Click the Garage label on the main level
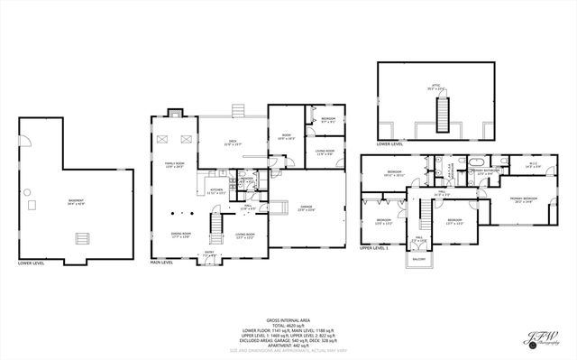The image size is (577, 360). click(x=307, y=209)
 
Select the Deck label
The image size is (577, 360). click(x=232, y=143)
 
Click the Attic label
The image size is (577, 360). click(x=435, y=88)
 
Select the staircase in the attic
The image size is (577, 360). click(x=442, y=112)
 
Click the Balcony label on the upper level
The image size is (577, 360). click(x=419, y=259)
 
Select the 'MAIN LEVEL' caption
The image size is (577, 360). click(x=161, y=263)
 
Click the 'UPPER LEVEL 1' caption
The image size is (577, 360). click(x=373, y=247)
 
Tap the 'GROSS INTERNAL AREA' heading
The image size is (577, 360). click(x=288, y=319)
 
